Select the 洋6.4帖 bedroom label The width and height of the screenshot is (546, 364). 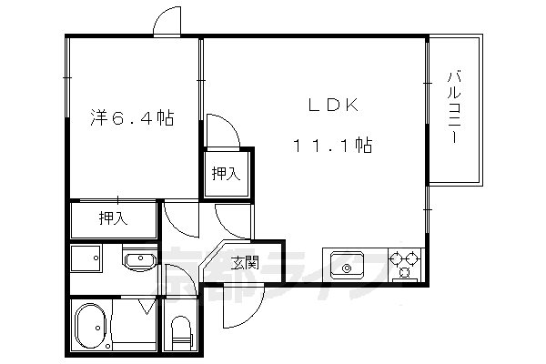(132, 117)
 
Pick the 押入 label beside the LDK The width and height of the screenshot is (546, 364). (226, 173)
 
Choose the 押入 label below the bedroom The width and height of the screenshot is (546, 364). (114, 217)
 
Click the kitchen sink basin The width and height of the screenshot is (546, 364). (348, 265)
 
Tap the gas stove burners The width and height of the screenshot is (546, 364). (405, 264)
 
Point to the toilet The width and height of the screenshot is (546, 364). (179, 332)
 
